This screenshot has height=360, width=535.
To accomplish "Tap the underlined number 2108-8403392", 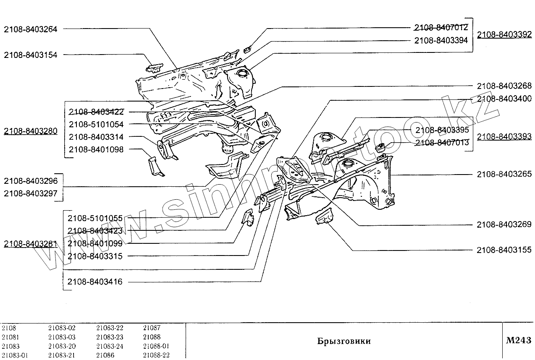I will (x=504, y=35).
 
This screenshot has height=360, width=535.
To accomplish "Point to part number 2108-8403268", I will (x=504, y=86).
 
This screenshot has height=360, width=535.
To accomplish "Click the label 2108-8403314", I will (x=96, y=137).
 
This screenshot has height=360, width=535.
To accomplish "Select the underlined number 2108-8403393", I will (x=504, y=136).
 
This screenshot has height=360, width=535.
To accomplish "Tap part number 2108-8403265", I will (x=504, y=174).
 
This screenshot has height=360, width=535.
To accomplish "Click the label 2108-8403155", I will (x=504, y=250).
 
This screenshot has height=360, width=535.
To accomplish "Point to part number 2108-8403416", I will (x=95, y=282).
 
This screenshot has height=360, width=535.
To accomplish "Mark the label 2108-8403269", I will (x=504, y=225).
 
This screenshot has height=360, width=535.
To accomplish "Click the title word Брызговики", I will (x=344, y=341).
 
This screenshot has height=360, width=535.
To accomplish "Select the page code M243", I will (x=518, y=341).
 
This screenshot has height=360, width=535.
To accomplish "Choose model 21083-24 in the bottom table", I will (x=110, y=346).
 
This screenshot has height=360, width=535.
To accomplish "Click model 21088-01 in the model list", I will (x=156, y=346).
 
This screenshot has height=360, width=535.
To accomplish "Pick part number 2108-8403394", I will (x=441, y=41).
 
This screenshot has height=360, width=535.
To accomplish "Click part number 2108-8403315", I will (x=95, y=256).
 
